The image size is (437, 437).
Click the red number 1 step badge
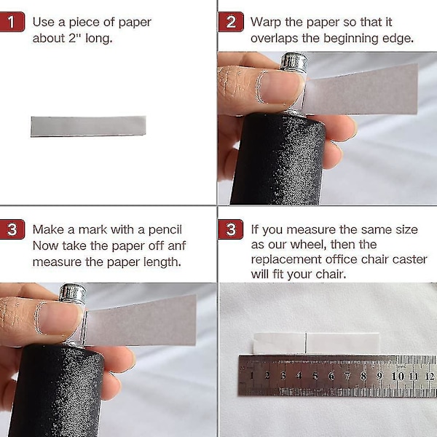pos(12,22)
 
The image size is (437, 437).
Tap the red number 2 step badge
pos(231,22)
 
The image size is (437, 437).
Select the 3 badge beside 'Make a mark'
pos(12,229)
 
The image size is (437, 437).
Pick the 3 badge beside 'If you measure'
pos(231,229)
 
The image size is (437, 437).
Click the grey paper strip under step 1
pos(88,126)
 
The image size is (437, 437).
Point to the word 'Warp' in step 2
pos(266,23)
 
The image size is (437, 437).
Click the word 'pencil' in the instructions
pos(165,230)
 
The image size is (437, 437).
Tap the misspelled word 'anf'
pos(177,246)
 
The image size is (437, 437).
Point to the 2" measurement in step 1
pos(74,38)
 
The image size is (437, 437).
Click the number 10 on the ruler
pos(398,377)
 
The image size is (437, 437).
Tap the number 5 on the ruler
pos(315,377)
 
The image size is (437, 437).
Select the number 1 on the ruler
pos(252,376)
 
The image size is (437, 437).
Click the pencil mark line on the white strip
pos(306,343)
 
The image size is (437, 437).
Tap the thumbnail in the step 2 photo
pos(280,87)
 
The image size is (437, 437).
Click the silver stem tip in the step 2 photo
pos(294,60)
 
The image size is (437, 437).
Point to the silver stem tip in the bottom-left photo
pos(72,293)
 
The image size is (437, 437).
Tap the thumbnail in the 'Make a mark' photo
pos(59,318)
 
